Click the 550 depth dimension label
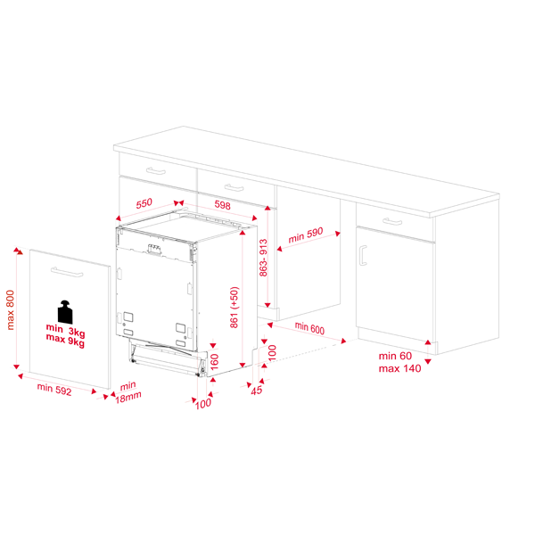click(144, 203)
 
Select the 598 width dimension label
click(222, 205)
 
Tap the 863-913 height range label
click(263, 258)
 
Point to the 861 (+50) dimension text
click(235, 308)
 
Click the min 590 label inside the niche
click(306, 235)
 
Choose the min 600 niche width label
click(309, 328)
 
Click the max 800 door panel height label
click(10, 309)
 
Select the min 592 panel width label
click(54, 390)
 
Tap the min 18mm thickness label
click(128, 392)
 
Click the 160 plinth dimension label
click(214, 362)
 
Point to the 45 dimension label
click(257, 391)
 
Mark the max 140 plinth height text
click(399, 368)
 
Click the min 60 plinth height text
click(395, 356)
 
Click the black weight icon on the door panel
click(65, 312)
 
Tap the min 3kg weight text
click(65, 330)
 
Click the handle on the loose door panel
click(67, 272)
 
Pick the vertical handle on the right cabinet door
click(363, 255)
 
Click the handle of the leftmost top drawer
click(156, 171)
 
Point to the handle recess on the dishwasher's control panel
click(154, 250)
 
